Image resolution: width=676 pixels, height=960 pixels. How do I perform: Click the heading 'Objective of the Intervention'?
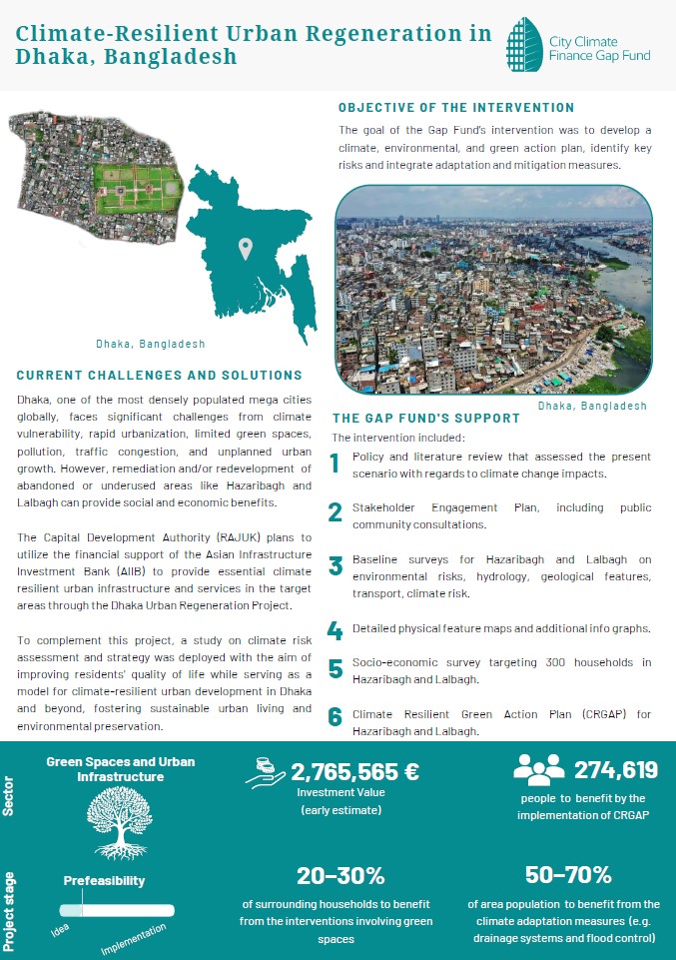click(456, 108)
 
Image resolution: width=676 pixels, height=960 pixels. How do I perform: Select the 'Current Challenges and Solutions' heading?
click(160, 376)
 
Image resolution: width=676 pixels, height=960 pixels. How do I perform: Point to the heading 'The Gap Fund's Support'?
click(426, 419)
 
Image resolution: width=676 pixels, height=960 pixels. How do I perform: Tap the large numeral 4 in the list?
click(336, 630)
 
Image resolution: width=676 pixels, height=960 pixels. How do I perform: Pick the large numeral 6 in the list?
click(336, 716)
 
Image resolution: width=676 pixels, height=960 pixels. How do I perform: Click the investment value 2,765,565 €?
click(354, 771)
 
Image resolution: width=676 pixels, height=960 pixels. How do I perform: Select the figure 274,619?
click(615, 770)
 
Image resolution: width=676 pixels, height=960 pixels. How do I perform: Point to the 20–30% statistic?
click(340, 876)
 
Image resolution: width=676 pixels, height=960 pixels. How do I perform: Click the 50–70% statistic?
click(567, 875)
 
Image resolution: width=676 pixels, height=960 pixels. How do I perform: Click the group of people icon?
click(538, 768)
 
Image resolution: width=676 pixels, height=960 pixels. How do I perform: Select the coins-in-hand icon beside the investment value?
click(267, 770)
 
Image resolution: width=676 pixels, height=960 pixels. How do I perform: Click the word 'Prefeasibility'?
click(105, 881)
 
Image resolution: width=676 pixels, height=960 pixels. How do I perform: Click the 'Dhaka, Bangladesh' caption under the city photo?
click(593, 406)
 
